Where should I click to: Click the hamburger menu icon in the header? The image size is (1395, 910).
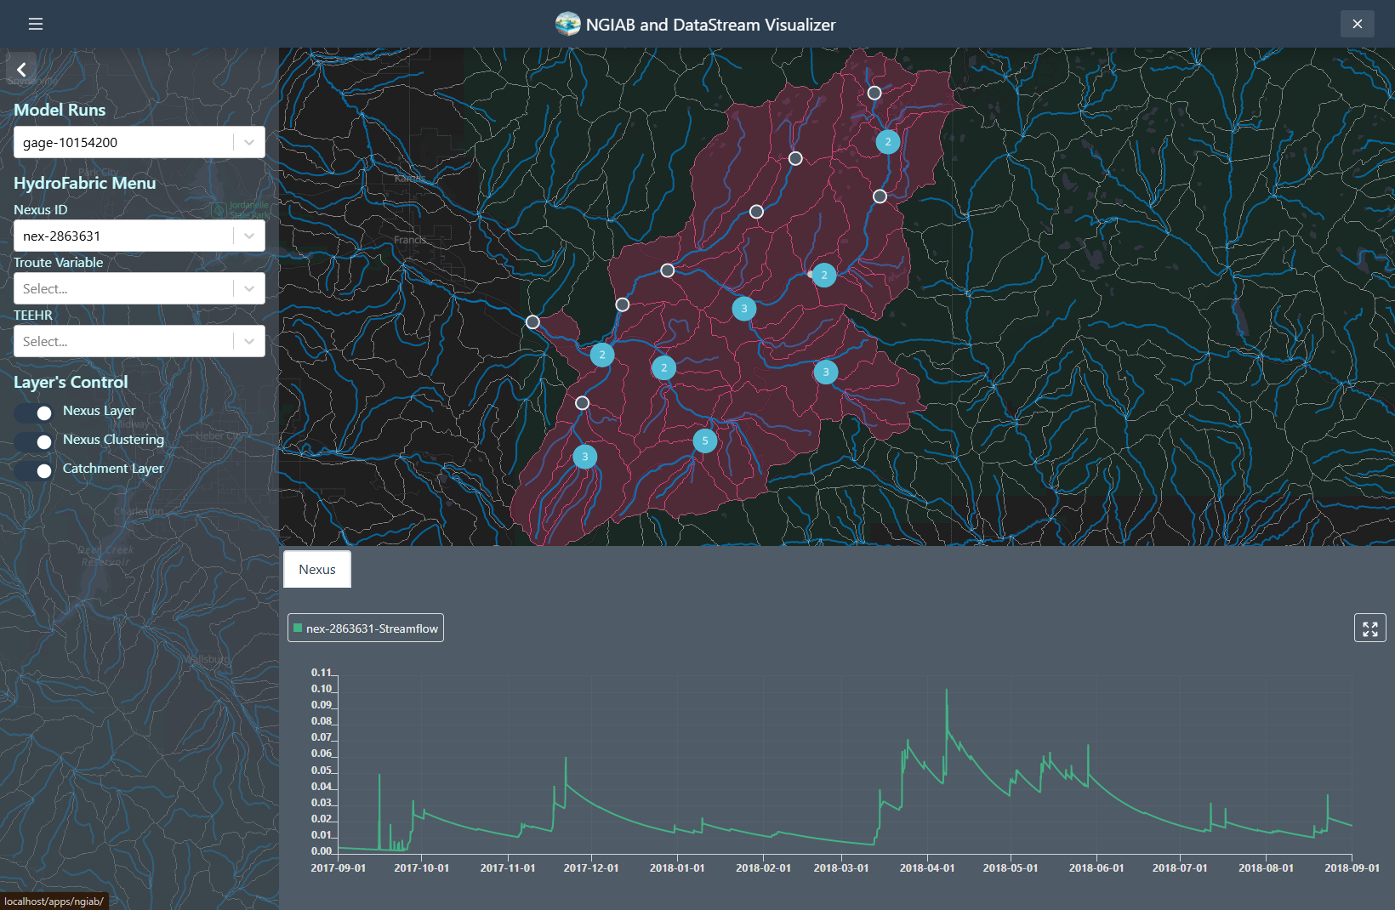(36, 24)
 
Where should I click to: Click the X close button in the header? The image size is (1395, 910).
(1357, 24)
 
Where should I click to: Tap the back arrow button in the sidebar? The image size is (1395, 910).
(21, 69)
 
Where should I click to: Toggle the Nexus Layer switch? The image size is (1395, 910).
(34, 412)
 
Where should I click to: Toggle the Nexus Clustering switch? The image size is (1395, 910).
(34, 441)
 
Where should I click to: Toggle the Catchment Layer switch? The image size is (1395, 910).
(34, 470)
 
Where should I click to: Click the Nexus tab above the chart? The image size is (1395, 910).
(317, 570)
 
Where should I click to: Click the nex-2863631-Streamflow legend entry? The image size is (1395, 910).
(366, 628)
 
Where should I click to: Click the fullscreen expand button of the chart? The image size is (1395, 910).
(1369, 628)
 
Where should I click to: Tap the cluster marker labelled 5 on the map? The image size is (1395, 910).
(705, 441)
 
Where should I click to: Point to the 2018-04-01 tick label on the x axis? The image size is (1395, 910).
(927, 868)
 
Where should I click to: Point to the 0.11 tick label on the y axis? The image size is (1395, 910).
(322, 673)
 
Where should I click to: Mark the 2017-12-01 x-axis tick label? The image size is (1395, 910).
(591, 868)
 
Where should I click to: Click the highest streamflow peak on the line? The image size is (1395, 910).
(947, 691)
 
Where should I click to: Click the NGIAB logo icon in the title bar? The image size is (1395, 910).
(567, 24)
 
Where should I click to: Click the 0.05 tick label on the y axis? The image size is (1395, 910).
(322, 771)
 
